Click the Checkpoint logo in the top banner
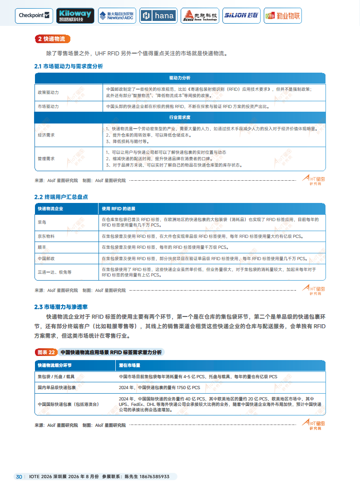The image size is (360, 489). point(34,15)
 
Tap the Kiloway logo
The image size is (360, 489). point(75,15)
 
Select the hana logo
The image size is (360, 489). point(158,15)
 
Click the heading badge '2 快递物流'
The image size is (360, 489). point(52,39)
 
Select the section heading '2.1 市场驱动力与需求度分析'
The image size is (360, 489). point(69,66)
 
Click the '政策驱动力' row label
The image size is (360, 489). point(48,92)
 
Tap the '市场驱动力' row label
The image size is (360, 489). point(48,107)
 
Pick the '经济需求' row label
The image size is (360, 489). point(46,135)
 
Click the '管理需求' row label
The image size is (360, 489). point(46,158)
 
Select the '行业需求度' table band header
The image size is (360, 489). point(180,117)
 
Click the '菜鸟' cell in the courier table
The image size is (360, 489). point(42,222)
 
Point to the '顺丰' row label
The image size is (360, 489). point(42,247)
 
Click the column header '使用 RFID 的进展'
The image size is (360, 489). point(118,208)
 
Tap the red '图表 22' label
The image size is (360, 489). point(46,352)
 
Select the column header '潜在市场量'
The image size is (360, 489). point(130,365)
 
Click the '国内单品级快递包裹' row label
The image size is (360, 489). point(57,388)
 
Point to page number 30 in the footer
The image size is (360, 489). point(19,477)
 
